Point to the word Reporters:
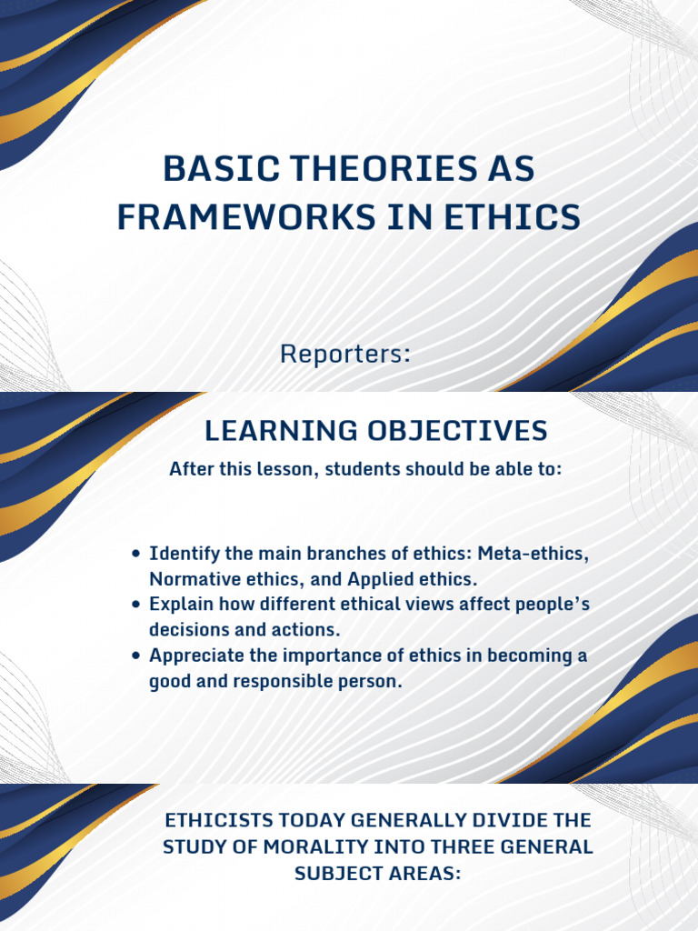[345, 354]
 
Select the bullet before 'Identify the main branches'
[136, 554]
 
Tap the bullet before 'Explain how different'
[136, 605]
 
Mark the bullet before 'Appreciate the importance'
[136, 656]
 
